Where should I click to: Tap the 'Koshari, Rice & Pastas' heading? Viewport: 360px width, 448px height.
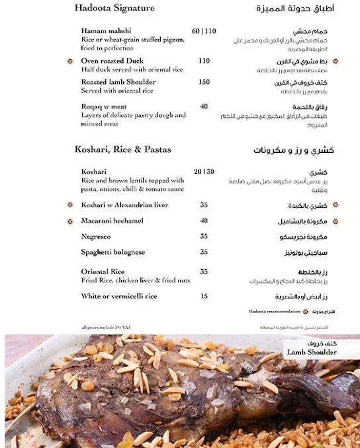tap(122, 150)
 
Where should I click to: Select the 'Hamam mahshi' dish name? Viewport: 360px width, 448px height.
tap(106, 31)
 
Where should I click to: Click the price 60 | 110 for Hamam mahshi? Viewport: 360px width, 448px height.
tap(204, 31)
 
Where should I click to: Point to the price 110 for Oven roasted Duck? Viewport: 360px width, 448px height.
tap(204, 61)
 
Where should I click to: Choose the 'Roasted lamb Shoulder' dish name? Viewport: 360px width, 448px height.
tap(118, 82)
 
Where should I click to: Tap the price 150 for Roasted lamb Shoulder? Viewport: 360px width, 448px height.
tap(204, 82)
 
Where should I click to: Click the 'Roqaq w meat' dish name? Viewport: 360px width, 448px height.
tap(104, 107)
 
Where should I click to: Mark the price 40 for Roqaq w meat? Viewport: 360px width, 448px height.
tap(204, 107)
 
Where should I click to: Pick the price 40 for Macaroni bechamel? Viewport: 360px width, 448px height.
tap(204, 221)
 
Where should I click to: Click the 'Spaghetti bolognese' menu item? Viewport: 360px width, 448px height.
tap(113, 252)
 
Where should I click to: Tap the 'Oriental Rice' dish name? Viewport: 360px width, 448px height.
tap(103, 271)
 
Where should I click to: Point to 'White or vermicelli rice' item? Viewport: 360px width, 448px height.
tap(118, 296)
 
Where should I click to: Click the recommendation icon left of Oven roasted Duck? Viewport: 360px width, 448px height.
tap(70, 61)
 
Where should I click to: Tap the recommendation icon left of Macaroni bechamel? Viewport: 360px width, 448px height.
tap(70, 221)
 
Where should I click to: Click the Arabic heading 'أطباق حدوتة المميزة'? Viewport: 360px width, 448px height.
tap(295, 9)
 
